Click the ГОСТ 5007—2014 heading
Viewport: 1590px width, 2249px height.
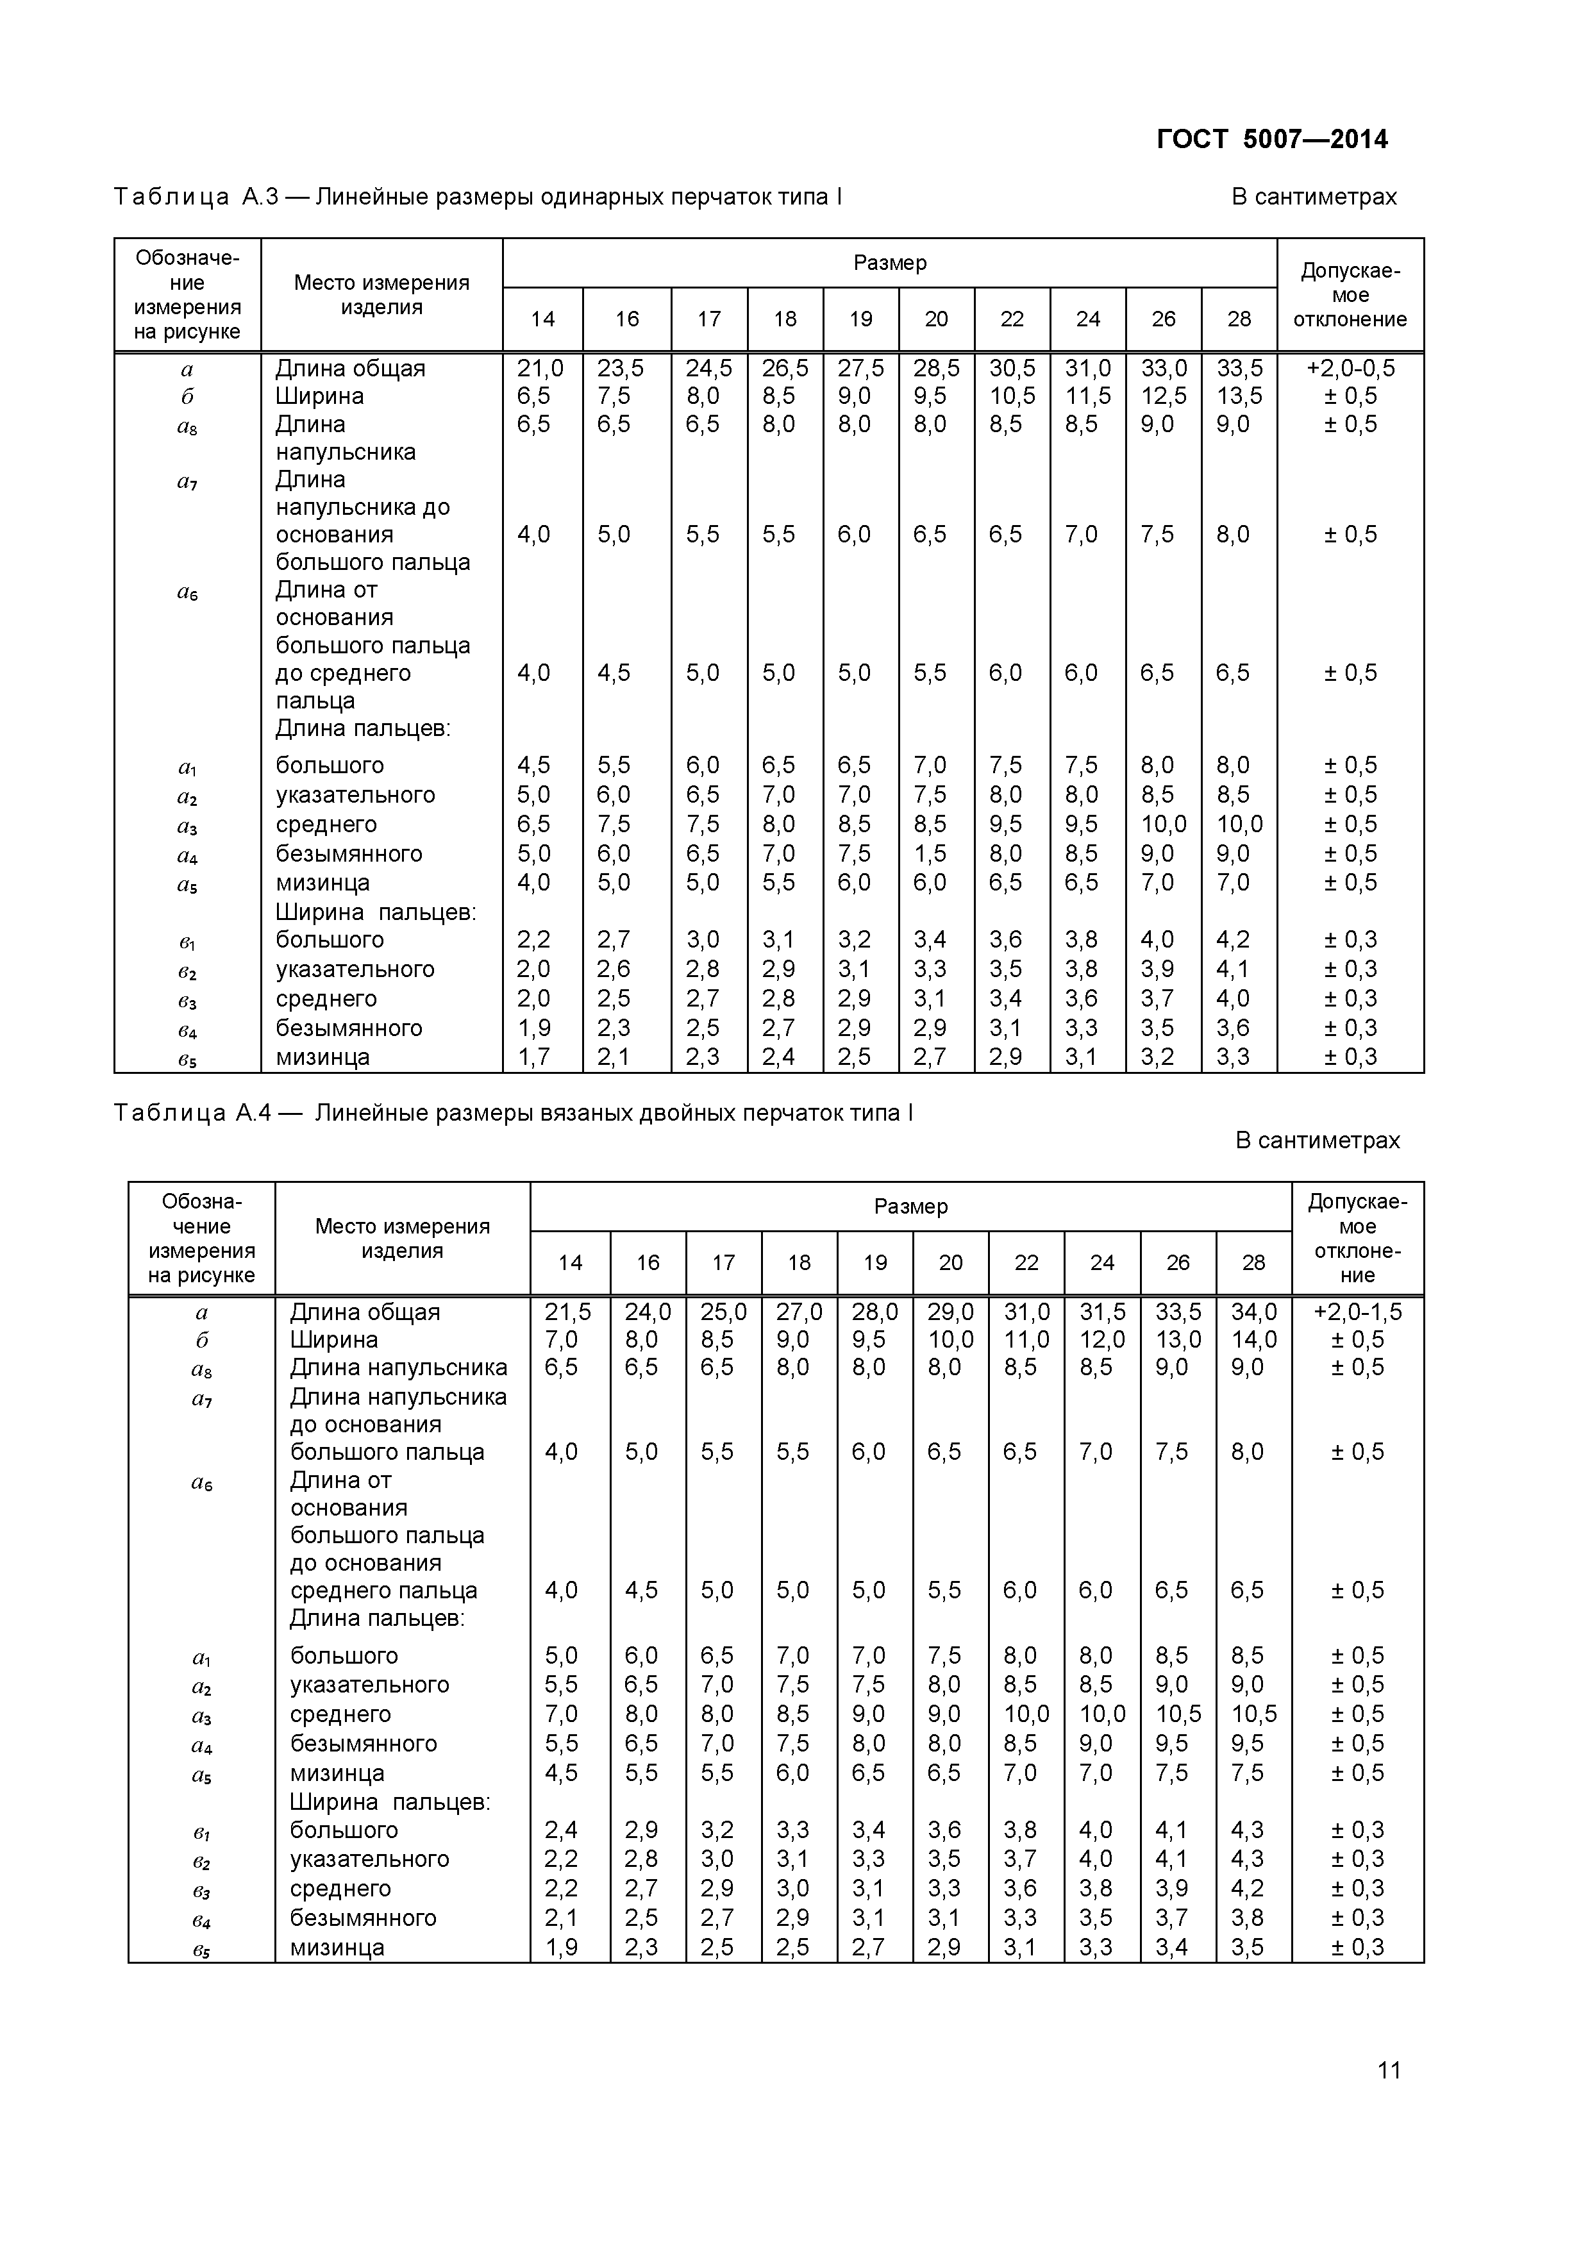[1271, 139]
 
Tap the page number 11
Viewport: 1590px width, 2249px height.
[1388, 2069]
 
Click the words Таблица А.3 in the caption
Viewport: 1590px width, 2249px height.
[196, 197]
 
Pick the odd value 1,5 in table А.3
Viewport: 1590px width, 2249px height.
[930, 853]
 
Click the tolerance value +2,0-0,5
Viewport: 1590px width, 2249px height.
[1350, 368]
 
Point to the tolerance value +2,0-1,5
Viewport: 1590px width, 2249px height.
[1357, 1312]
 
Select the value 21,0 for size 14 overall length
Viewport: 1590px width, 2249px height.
[540, 368]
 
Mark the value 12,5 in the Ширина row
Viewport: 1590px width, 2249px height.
[1163, 396]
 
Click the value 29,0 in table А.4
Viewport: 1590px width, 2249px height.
[950, 1312]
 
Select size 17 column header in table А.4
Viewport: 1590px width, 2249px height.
[723, 1262]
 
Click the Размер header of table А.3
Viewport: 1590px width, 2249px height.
[889, 262]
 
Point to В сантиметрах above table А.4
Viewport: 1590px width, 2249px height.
[1317, 1140]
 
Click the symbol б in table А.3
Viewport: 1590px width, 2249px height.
[187, 397]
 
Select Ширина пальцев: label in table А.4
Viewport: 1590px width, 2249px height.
[389, 1802]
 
